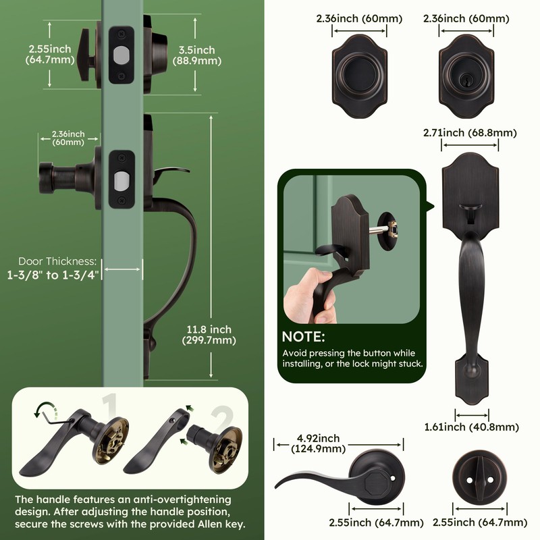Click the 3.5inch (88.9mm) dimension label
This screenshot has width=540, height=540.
point(196,55)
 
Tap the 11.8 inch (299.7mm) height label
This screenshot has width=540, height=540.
point(209,335)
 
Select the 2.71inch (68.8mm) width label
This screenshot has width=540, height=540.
point(470,132)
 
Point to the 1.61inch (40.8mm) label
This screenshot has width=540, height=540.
point(471,427)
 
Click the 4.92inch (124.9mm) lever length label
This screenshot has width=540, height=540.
point(318,443)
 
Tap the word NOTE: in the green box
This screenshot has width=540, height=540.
point(303,336)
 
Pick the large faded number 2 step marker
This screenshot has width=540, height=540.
point(223,418)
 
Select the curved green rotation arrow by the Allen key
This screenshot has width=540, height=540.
point(45,408)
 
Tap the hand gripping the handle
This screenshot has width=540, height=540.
point(308,297)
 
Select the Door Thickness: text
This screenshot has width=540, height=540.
point(57,261)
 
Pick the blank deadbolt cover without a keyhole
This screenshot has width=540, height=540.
point(360,76)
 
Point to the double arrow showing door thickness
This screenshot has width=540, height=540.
point(122,269)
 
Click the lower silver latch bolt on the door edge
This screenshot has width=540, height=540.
point(122,180)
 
